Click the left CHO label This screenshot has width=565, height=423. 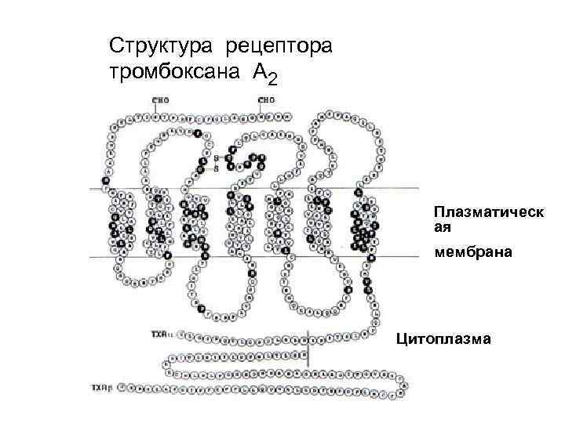point(161,101)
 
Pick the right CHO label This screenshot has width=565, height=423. point(266,101)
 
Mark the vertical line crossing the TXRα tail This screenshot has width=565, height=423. point(310,349)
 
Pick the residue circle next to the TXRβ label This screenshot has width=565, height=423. point(116,388)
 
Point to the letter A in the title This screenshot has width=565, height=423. point(259,72)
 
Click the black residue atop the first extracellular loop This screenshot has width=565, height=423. point(197,134)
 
